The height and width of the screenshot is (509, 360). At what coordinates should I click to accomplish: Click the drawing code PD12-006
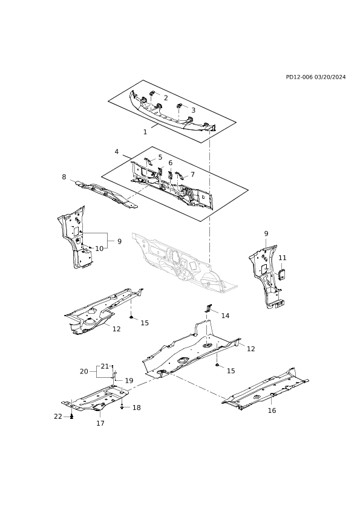click(299, 77)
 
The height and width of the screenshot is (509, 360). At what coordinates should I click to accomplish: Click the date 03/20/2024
click(330, 77)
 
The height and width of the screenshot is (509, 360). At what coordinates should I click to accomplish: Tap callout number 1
click(145, 132)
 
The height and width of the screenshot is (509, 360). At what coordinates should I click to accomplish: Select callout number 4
click(117, 152)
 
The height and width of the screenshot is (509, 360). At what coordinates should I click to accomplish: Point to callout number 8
click(64, 177)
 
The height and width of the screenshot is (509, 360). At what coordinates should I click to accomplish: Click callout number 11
click(283, 258)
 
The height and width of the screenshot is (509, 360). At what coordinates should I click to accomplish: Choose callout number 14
click(225, 316)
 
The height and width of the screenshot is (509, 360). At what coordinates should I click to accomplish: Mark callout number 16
click(272, 410)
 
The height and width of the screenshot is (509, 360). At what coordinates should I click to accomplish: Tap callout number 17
click(100, 423)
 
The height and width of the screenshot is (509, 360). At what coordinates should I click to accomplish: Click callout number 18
click(137, 407)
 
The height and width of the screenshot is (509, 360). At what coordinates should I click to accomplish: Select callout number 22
click(58, 417)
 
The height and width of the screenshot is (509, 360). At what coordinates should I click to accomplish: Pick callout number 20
click(84, 371)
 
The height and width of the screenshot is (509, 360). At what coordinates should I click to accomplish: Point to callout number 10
click(99, 248)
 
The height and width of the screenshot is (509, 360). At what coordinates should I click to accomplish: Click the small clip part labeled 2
click(152, 94)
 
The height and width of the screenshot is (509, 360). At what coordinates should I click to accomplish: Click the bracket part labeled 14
click(208, 308)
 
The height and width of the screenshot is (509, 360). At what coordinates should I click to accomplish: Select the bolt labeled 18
click(122, 406)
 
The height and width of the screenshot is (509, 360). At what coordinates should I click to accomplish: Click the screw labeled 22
click(72, 417)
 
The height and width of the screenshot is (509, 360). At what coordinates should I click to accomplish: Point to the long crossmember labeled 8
click(106, 195)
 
